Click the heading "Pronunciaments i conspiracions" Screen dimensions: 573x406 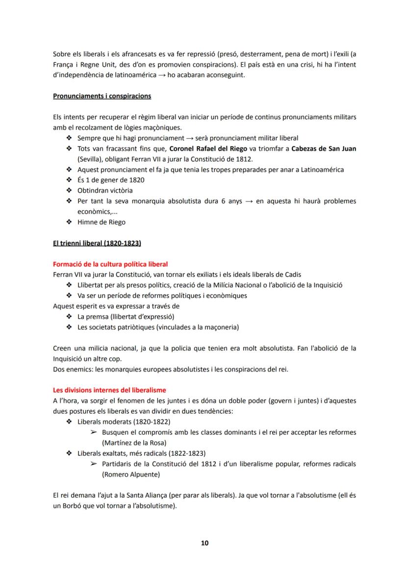pyautogui.click(x=102, y=96)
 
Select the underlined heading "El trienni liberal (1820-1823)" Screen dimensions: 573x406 pyautogui.click(x=97, y=243)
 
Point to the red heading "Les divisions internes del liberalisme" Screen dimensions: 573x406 pyautogui.click(x=109, y=390)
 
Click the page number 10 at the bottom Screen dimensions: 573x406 pyautogui.click(x=205, y=543)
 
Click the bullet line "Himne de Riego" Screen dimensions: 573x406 pyautogui.click(x=101, y=222)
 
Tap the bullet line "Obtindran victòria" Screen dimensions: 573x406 pyautogui.click(x=105, y=190)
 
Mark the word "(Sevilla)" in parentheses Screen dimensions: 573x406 pyautogui.click(x=91, y=159)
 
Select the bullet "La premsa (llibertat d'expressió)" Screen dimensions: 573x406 pyautogui.click(x=126, y=316)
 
